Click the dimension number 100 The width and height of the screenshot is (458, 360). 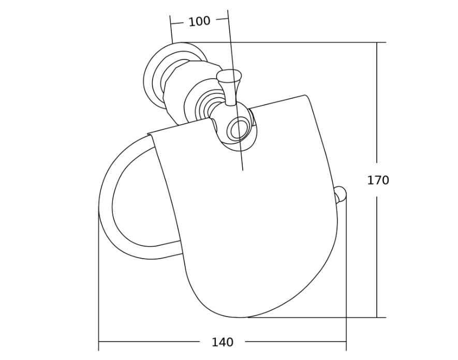pos(199,21)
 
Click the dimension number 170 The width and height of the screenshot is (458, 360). pos(378,180)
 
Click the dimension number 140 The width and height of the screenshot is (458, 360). pos(223,342)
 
